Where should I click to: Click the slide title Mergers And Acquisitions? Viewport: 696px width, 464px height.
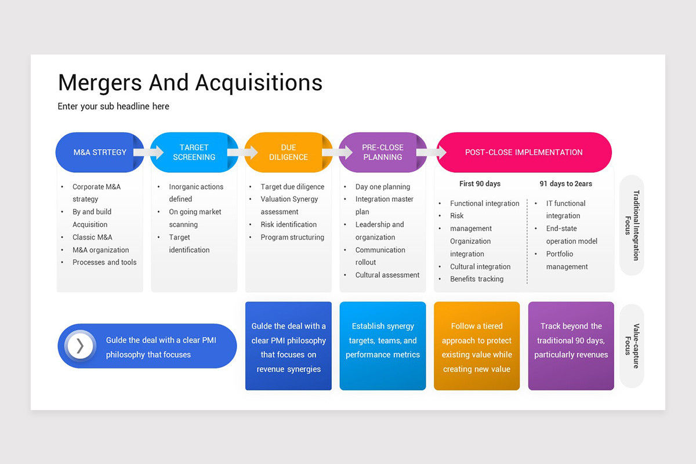click(190, 82)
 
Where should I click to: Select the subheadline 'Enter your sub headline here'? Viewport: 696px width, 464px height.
click(114, 106)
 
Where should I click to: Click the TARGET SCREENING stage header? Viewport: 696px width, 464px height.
click(194, 153)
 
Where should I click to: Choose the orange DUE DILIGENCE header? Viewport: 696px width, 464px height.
click(288, 153)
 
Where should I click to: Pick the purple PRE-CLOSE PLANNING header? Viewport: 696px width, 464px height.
click(382, 153)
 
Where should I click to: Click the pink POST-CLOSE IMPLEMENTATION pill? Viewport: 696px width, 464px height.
click(524, 153)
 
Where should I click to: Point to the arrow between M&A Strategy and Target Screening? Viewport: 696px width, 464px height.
click(149, 153)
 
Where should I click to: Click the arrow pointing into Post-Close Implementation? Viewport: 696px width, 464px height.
click(432, 153)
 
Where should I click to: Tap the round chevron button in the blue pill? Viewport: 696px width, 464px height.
click(80, 346)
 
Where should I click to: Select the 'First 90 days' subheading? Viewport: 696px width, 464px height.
click(480, 184)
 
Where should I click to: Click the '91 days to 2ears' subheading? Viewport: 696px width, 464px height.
click(565, 184)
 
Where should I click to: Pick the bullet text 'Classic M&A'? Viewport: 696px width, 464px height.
click(92, 237)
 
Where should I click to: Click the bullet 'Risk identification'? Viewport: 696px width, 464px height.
click(288, 224)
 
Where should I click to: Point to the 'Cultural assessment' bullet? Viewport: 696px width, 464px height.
click(387, 275)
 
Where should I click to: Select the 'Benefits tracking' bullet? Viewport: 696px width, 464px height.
click(477, 279)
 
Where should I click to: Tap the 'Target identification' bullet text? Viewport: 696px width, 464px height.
click(189, 244)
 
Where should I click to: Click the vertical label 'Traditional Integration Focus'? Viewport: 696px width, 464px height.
click(632, 225)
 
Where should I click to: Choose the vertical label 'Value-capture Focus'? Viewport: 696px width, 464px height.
click(632, 346)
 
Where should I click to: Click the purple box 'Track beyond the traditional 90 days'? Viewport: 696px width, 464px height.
click(571, 346)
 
